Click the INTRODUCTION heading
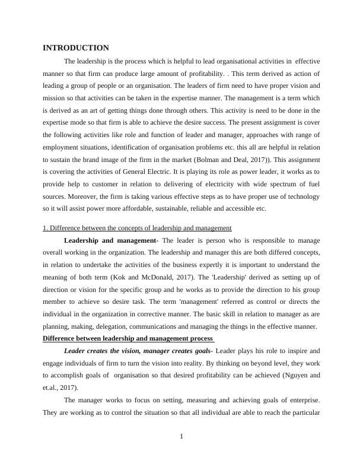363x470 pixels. click(76, 47)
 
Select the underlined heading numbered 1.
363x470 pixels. click(137, 228)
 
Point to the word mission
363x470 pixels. click(55, 85)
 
